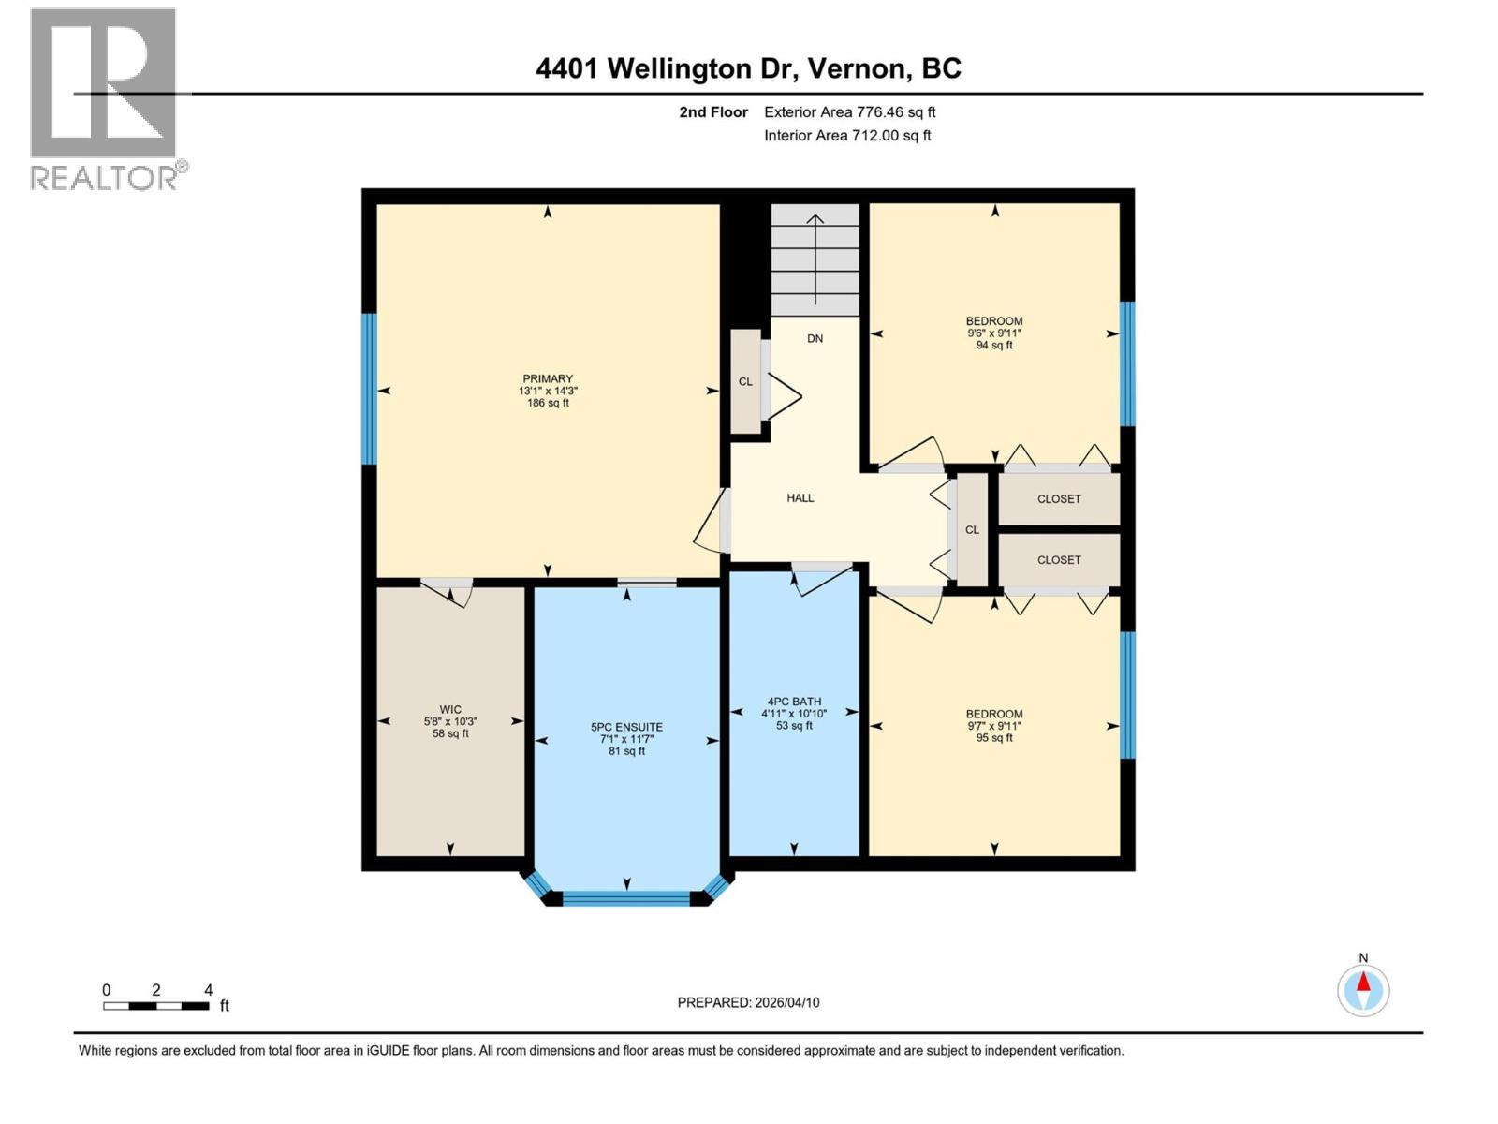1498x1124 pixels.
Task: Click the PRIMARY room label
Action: click(x=548, y=379)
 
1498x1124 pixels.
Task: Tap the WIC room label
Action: click(x=450, y=710)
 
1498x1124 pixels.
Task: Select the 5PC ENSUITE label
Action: click(x=626, y=727)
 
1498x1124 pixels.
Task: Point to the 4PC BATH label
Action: click(x=794, y=702)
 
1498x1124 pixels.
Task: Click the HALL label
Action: click(x=800, y=498)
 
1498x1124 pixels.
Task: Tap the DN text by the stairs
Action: click(x=815, y=338)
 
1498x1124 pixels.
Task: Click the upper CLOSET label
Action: click(x=1059, y=499)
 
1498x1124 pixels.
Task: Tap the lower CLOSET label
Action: click(x=1059, y=560)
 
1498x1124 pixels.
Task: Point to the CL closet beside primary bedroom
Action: click(x=746, y=381)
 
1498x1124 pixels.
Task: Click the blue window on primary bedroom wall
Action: click(x=370, y=389)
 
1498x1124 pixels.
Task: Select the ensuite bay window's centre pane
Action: click(x=626, y=898)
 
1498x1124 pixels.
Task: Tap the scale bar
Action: click(x=156, y=1006)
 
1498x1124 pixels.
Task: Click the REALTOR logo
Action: click(x=105, y=98)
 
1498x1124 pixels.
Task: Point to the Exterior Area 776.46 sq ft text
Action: click(x=849, y=112)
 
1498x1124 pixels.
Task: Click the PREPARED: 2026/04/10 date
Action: click(x=748, y=1002)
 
